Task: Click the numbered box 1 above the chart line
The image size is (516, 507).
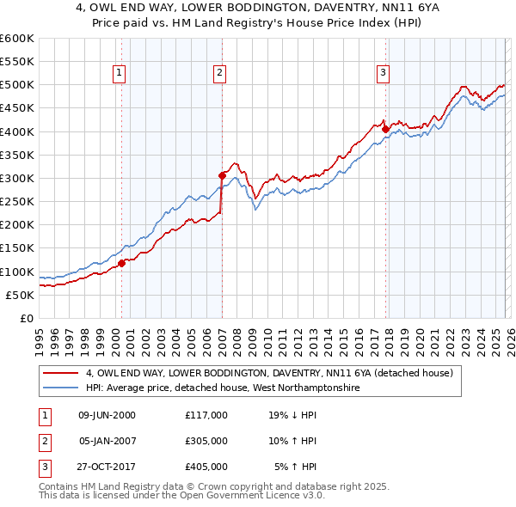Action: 118,73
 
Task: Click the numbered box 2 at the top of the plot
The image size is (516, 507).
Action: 220,73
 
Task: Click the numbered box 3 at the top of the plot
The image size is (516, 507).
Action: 383,73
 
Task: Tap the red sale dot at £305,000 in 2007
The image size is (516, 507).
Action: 222,175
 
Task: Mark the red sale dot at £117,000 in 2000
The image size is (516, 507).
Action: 121,263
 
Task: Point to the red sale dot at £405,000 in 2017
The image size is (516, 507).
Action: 385,129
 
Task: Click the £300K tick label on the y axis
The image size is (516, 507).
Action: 17,178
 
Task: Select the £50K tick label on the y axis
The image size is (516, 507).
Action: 20,295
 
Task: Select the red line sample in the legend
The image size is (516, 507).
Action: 61,373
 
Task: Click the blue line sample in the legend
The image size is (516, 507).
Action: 61,388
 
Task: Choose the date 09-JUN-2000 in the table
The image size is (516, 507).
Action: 107,414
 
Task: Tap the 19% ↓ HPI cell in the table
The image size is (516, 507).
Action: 292,414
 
